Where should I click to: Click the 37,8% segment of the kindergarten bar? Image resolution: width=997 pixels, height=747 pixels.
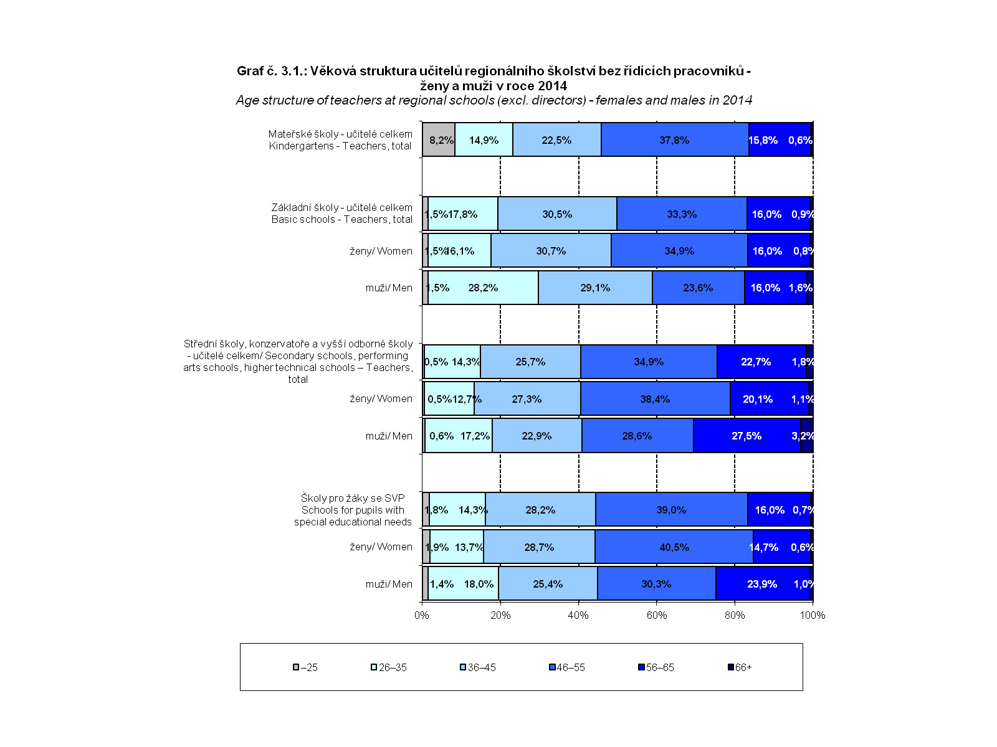675,140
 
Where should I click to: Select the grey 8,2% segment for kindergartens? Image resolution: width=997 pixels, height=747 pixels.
439,140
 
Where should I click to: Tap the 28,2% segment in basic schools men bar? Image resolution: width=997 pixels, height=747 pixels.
483,288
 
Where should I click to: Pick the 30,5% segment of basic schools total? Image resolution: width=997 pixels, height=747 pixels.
557,214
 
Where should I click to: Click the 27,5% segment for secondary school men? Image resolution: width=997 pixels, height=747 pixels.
747,436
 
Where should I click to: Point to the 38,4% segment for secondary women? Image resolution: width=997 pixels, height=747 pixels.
655,399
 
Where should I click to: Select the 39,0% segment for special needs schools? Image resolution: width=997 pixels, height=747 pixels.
671,510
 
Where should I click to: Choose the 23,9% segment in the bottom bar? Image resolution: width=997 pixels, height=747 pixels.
762,584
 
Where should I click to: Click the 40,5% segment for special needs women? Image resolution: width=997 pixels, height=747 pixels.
674,547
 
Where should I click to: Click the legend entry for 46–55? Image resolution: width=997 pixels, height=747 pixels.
566,667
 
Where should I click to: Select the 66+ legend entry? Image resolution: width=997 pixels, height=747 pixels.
740,667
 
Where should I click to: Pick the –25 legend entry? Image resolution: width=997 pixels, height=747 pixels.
305,667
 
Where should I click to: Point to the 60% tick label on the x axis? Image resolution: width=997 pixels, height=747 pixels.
657,615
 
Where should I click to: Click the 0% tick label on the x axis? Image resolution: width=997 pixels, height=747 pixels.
422,615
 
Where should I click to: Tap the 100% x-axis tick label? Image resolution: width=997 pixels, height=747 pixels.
813,615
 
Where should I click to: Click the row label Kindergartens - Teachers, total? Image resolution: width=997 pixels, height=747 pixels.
340,146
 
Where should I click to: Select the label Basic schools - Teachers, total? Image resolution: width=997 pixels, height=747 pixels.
341,219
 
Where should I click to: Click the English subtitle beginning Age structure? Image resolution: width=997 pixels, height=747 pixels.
494,100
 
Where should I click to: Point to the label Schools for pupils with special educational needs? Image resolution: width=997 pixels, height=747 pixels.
353,510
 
